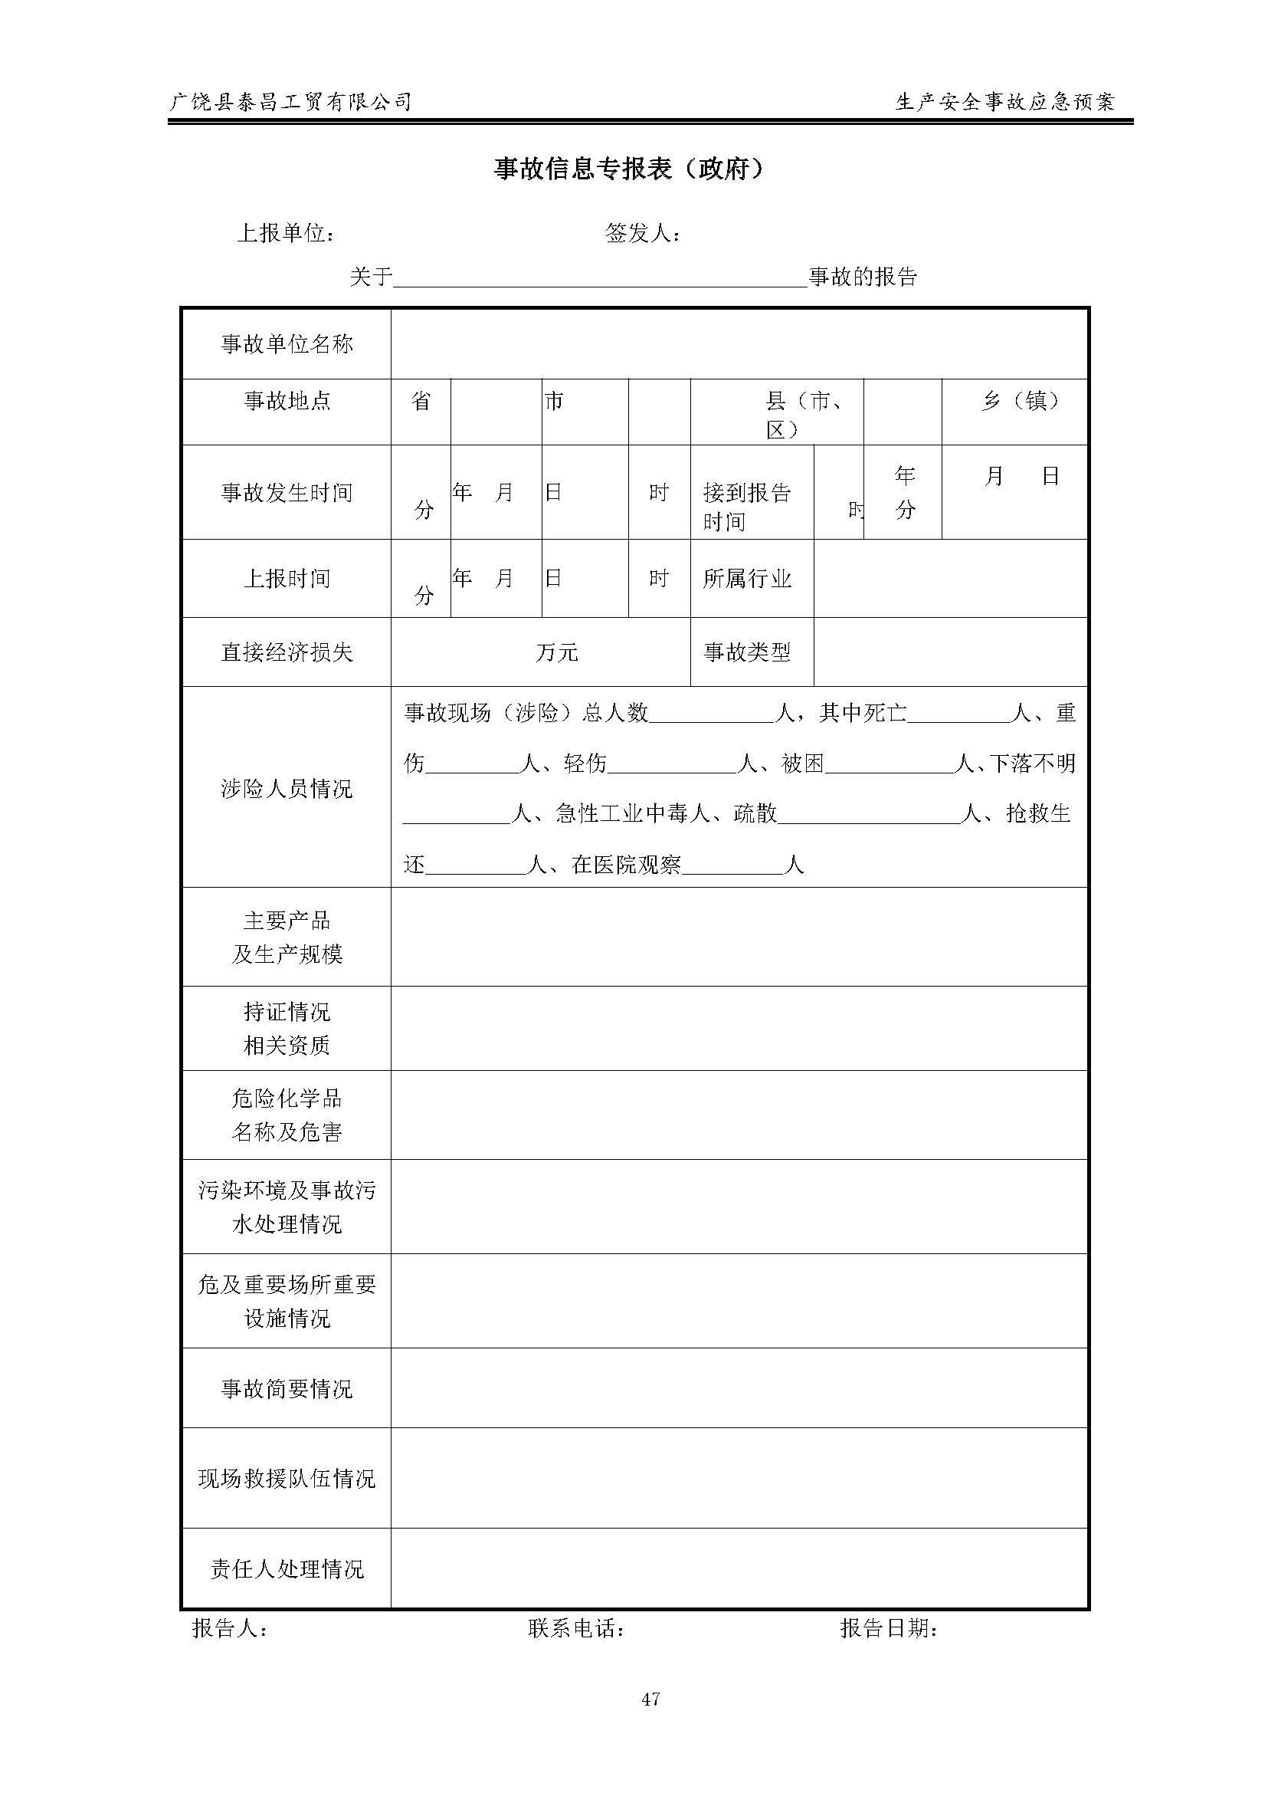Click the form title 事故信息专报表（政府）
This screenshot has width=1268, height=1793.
629,169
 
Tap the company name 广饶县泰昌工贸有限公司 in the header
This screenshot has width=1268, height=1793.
290,101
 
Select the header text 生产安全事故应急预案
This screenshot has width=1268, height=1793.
1006,101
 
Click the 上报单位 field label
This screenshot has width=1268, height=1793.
286,233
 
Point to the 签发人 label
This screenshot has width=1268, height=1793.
642,233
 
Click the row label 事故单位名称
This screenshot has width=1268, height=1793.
287,343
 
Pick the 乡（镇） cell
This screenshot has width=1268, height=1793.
1021,401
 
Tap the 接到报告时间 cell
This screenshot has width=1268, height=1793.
747,506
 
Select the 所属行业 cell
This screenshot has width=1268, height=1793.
747,578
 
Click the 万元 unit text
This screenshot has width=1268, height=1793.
557,652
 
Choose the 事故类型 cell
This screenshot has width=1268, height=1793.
747,652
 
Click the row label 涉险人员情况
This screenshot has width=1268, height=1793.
287,788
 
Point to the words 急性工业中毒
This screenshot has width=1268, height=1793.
621,814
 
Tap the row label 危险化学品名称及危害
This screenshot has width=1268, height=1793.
287,1115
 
